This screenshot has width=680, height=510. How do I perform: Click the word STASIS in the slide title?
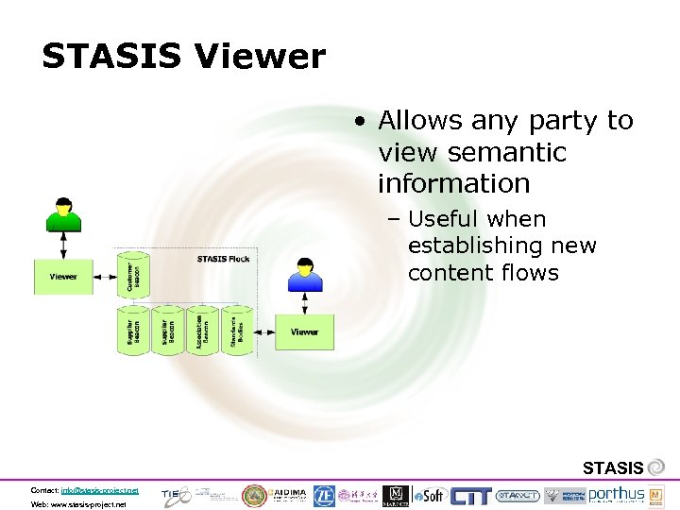click(x=110, y=58)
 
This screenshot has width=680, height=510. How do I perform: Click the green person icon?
click(x=63, y=213)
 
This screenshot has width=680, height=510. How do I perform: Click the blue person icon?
click(x=305, y=273)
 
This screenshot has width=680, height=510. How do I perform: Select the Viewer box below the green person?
click(x=63, y=277)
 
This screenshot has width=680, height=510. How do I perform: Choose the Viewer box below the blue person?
click(x=304, y=332)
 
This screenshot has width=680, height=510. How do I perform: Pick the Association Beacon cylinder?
click(x=197, y=331)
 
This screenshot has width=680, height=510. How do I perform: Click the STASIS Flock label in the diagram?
click(x=223, y=259)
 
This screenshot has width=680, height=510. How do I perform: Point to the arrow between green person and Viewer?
click(x=63, y=244)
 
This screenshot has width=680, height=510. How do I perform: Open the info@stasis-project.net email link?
click(x=98, y=490)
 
